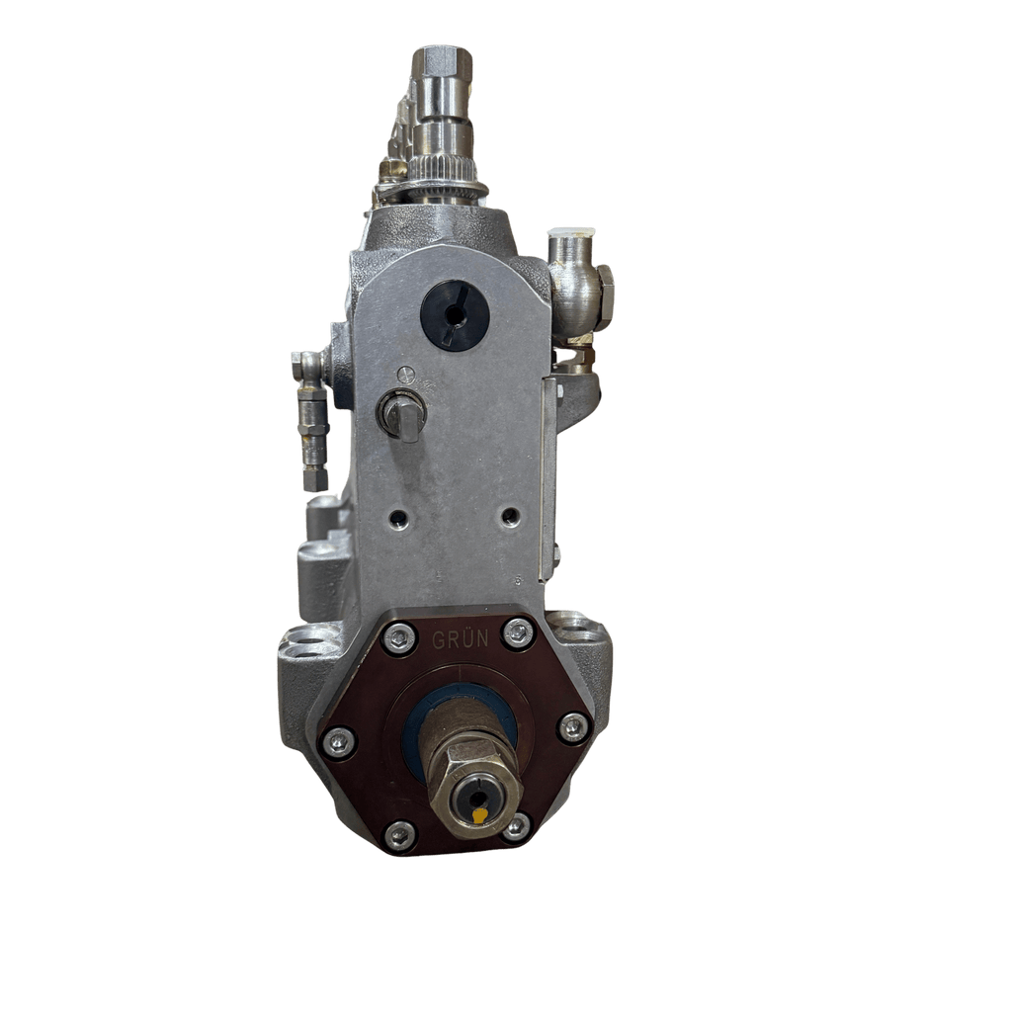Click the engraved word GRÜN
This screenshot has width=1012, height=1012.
pyautogui.click(x=461, y=639)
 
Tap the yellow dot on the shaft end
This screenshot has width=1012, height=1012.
pyautogui.click(x=479, y=815)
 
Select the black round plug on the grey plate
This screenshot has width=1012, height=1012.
pyautogui.click(x=455, y=315)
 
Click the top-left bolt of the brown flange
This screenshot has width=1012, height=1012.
pyautogui.click(x=399, y=638)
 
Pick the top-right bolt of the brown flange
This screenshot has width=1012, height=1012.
pyautogui.click(x=518, y=633)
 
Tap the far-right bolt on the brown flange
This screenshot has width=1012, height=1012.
pyautogui.click(x=573, y=728)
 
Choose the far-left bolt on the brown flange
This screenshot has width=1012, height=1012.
pyautogui.click(x=339, y=741)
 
